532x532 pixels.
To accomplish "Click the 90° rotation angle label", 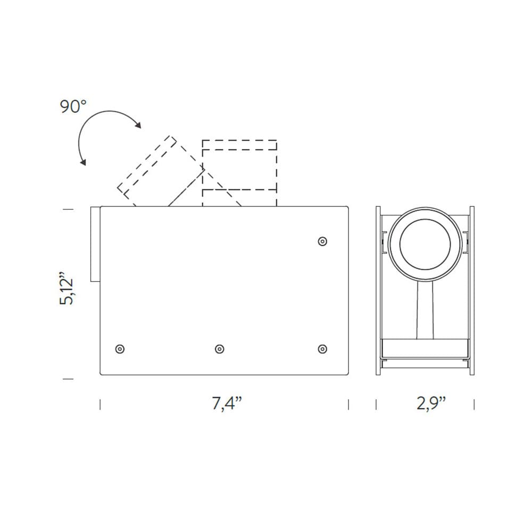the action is [x=73, y=106].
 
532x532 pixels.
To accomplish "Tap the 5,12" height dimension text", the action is [x=66, y=288].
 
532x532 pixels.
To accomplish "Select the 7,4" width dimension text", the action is [x=227, y=403].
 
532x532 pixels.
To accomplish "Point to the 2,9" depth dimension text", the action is [x=430, y=403].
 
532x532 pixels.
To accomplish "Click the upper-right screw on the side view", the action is [x=322, y=242].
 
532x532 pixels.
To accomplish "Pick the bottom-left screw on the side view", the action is [x=120, y=349].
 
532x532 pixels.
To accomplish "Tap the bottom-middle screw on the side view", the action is [x=220, y=349].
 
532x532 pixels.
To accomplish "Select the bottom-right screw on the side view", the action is [x=322, y=349].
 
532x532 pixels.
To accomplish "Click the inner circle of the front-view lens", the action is [x=425, y=219].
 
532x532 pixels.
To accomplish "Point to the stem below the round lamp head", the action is [x=425, y=311].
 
